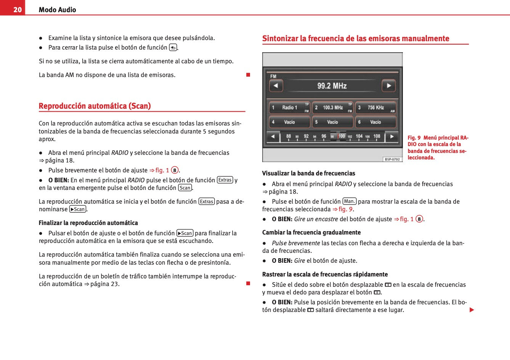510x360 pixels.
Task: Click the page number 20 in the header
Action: tap(18, 10)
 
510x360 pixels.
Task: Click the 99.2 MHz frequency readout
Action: tap(332, 86)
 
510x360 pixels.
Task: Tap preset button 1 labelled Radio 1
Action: tap(289, 108)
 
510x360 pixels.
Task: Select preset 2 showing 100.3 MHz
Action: tap(332, 108)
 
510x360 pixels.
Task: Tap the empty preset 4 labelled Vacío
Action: tap(289, 122)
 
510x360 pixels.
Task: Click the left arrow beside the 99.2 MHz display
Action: tap(276, 85)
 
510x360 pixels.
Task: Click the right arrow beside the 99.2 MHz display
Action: tap(389, 85)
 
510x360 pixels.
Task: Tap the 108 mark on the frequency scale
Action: tap(377, 136)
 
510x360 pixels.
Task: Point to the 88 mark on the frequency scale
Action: tap(289, 136)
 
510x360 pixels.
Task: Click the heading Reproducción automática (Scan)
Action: tap(95, 106)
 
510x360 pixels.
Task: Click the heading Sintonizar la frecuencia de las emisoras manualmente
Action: tap(356, 39)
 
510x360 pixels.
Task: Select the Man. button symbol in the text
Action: tap(349, 201)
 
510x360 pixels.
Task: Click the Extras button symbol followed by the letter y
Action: tap(225, 180)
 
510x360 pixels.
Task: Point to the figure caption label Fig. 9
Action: tap(414, 138)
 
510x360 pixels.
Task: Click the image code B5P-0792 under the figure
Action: tap(392, 159)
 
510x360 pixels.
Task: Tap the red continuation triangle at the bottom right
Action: tap(472, 310)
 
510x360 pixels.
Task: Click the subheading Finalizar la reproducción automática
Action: tap(88, 223)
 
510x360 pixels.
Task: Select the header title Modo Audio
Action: tap(57, 10)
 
